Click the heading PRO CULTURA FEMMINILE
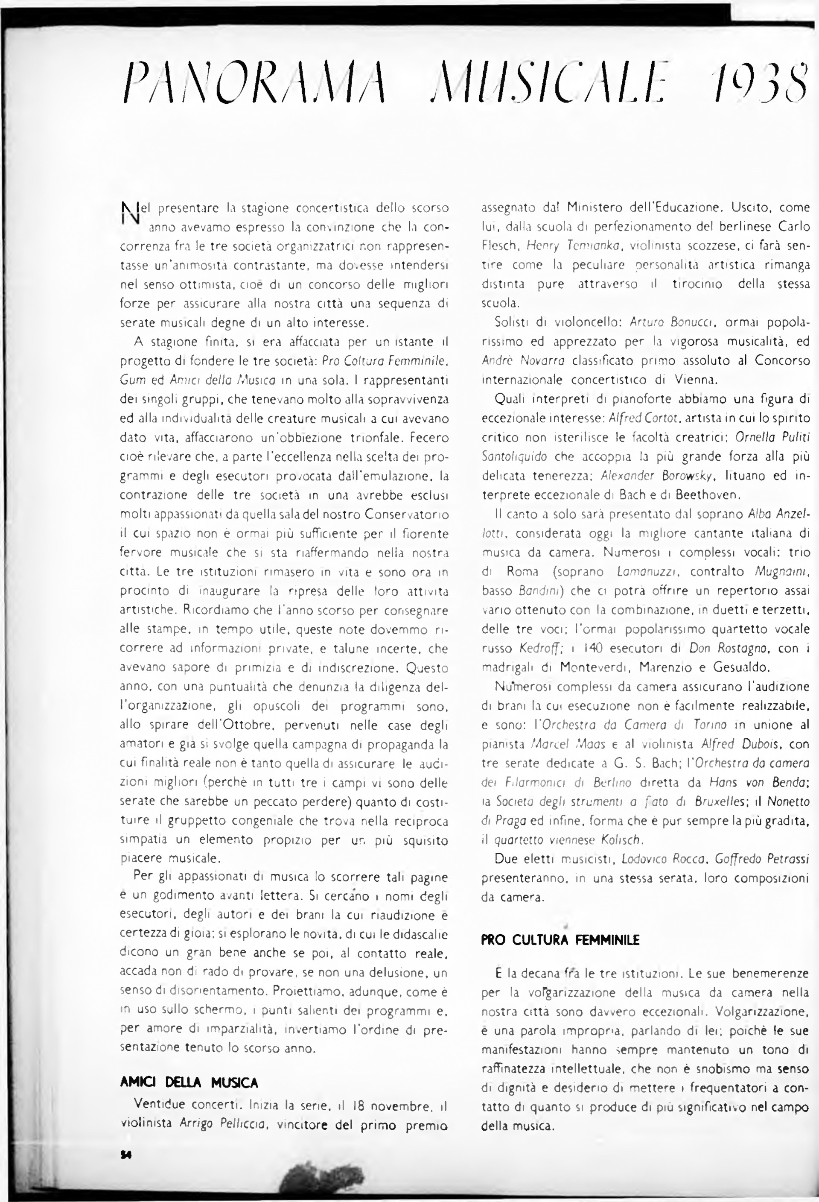tap(560, 940)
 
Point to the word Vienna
tap(695, 380)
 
